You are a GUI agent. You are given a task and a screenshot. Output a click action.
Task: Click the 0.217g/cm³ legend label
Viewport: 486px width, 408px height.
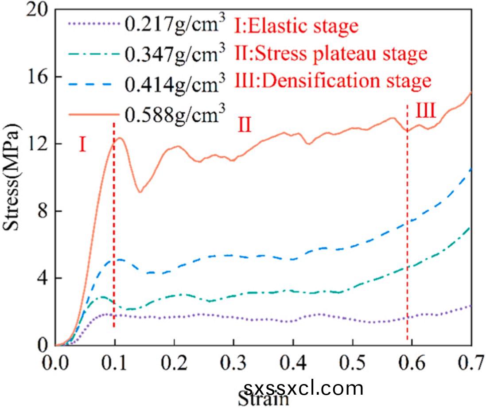pyautogui.click(x=173, y=24)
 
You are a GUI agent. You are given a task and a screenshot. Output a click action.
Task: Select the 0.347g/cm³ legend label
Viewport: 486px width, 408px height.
pyautogui.click(x=173, y=54)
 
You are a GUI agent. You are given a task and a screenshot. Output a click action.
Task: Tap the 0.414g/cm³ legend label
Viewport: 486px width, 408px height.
pyautogui.click(x=173, y=83)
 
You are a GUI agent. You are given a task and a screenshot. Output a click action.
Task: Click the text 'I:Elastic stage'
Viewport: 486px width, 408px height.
pyautogui.click(x=295, y=26)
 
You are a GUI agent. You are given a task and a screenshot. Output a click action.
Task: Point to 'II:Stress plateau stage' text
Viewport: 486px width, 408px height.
pyautogui.click(x=330, y=54)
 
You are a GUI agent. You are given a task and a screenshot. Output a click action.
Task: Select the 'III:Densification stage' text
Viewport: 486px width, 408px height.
pyautogui.click(x=332, y=81)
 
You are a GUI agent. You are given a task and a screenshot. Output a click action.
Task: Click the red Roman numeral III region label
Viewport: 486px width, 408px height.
pyautogui.click(x=425, y=111)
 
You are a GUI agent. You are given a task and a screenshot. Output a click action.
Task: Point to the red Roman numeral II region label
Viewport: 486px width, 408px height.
pyautogui.click(x=245, y=125)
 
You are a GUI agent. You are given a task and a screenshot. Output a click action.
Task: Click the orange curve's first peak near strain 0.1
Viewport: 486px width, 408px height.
pyautogui.click(x=119, y=138)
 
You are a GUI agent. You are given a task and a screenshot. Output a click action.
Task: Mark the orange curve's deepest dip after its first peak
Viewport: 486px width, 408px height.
pyautogui.click(x=140, y=192)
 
